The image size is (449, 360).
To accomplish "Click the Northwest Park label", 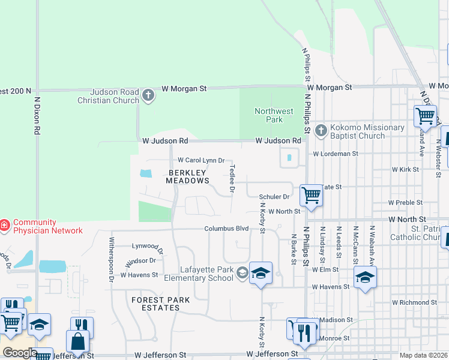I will click(x=274, y=115).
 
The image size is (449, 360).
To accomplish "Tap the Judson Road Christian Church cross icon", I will click(x=148, y=95).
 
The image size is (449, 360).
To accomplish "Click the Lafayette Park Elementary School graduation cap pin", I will click(x=261, y=274).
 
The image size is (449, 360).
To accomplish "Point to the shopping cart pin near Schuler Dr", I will click(x=311, y=195).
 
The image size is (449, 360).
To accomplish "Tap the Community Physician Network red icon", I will click(x=4, y=226).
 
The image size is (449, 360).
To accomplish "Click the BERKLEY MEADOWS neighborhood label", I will click(x=187, y=176).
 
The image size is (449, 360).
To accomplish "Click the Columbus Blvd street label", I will click(x=226, y=229).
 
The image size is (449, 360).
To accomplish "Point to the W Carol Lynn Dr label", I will click(x=201, y=160).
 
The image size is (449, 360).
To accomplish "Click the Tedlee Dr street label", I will click(x=231, y=179).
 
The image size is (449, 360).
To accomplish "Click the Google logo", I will click(x=20, y=352).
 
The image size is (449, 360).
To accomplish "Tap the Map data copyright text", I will click(x=424, y=355).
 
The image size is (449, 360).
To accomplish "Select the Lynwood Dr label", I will click(x=147, y=246).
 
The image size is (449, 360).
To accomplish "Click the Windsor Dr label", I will click(x=140, y=262).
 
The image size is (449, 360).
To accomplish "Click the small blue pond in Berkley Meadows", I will click(x=146, y=174).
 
